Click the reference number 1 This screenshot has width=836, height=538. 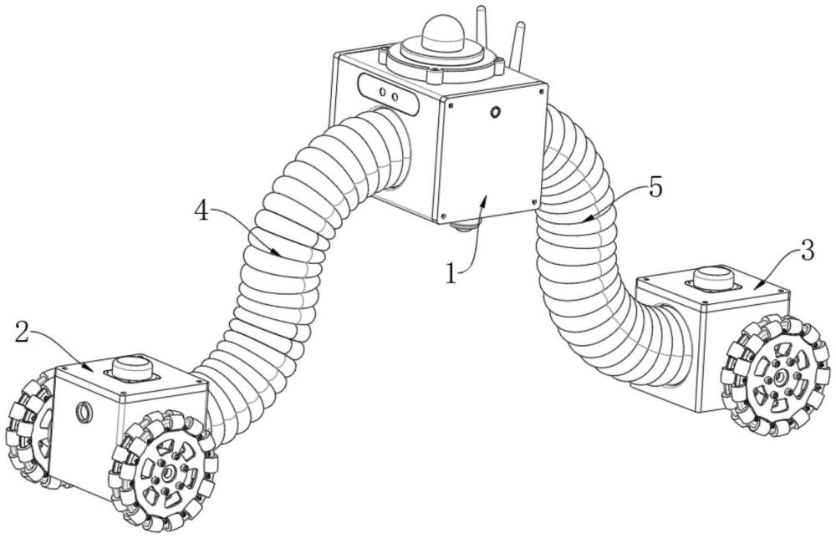coord(451,274)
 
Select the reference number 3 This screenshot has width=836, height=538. coord(806,251)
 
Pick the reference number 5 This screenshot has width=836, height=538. coord(655,188)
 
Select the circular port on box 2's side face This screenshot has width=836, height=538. coord(84,411)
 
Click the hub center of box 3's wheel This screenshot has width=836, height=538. coord(779,377)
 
